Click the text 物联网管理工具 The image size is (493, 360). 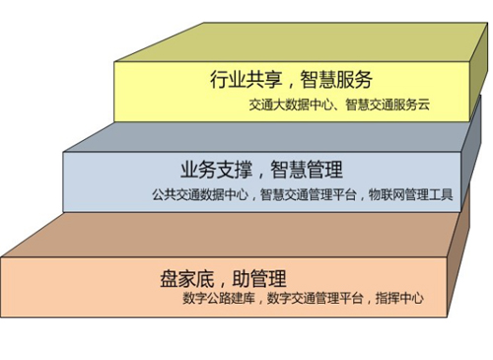tap(409, 194)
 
